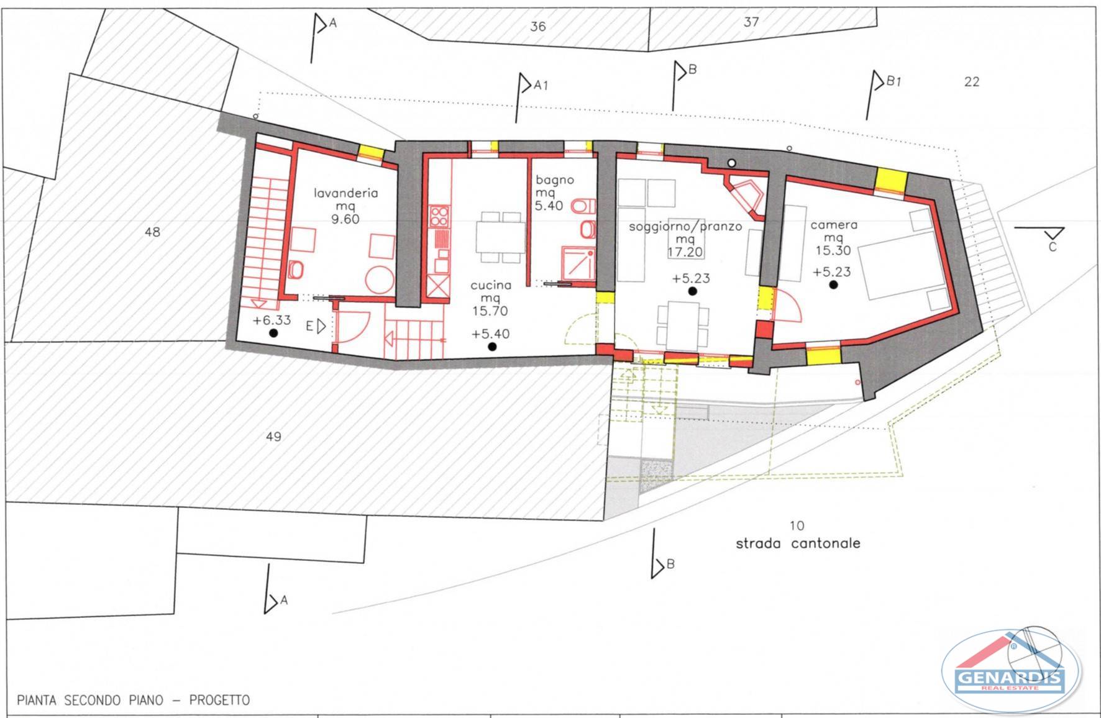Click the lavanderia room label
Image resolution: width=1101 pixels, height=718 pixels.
(x=345, y=193)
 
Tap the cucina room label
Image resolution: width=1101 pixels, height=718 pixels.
(x=491, y=285)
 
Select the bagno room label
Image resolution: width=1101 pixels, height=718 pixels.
(x=555, y=180)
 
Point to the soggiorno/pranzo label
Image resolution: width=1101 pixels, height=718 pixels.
(x=685, y=227)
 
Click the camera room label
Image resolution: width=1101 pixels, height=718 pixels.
(x=834, y=225)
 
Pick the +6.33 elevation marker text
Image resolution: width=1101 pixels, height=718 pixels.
(x=272, y=320)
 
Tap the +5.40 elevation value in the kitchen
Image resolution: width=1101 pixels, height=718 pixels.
(x=490, y=334)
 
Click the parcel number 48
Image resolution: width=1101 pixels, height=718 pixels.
(x=152, y=232)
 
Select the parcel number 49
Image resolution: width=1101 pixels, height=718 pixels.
(x=273, y=437)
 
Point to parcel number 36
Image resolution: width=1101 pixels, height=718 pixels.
(x=538, y=26)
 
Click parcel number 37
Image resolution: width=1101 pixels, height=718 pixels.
(x=751, y=22)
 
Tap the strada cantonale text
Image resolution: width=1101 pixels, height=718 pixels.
(x=798, y=543)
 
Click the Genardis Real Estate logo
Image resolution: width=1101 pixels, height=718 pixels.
(x=1011, y=671)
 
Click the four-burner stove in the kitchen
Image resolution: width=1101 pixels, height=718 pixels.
(x=439, y=216)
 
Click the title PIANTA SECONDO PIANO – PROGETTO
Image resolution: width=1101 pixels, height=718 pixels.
(x=133, y=700)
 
